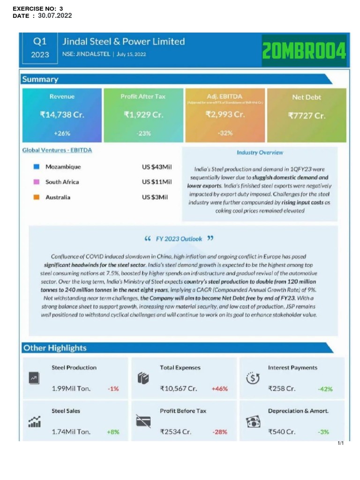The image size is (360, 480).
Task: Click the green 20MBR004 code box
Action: [304, 50]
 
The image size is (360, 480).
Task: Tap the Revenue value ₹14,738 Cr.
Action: [62, 115]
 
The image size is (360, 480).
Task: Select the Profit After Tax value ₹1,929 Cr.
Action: [143, 115]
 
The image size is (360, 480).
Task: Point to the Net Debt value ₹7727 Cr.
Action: [307, 115]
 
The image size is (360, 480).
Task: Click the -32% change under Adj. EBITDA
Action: [225, 133]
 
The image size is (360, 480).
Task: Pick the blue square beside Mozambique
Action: [36, 167]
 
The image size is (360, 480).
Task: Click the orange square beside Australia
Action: [36, 197]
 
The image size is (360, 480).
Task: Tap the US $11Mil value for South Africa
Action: [157, 182]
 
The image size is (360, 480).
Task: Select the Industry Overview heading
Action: [260, 152]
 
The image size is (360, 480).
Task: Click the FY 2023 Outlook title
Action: [179, 239]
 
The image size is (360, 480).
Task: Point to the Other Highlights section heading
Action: [55, 348]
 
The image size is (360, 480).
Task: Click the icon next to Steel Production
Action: [34, 378]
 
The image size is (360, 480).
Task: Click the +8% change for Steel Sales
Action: [113, 432]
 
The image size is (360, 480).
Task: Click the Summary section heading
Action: [40, 79]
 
